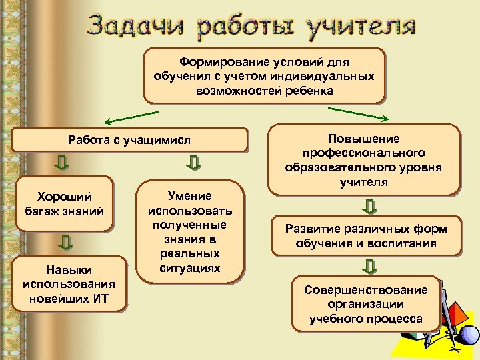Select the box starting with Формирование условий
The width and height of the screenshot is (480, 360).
(x=264, y=75)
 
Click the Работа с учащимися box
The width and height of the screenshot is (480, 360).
(x=129, y=140)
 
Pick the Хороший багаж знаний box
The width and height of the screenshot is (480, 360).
(x=64, y=204)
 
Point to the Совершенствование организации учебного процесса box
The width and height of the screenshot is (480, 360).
(x=366, y=304)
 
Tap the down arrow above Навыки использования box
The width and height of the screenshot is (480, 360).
(x=65, y=243)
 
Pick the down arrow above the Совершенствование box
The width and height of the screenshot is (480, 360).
(x=370, y=267)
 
